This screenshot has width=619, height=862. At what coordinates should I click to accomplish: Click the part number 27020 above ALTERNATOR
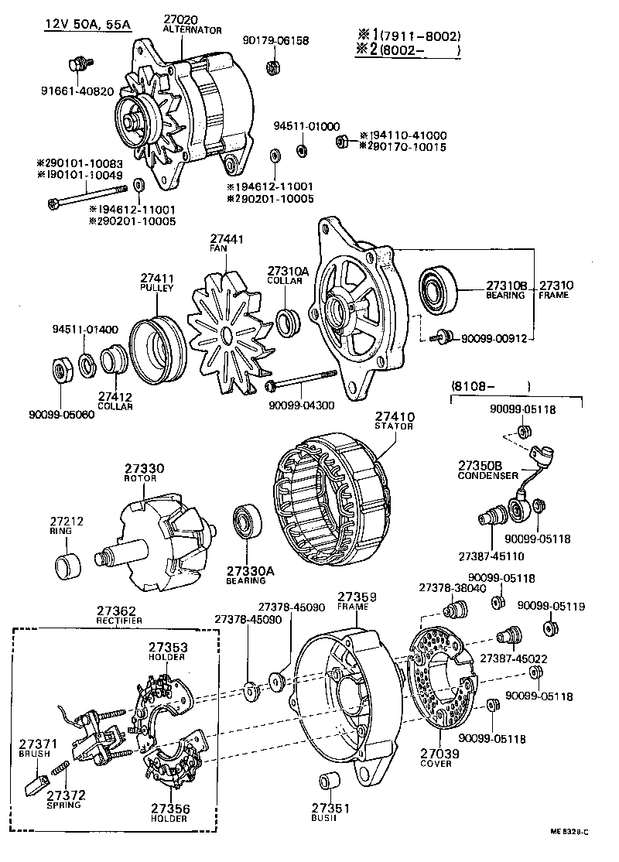(181, 19)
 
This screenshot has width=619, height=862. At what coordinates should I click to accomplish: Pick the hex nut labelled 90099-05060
(62, 369)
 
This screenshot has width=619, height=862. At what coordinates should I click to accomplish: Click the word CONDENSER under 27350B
(487, 476)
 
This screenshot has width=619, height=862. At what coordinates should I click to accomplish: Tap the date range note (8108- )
(490, 385)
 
